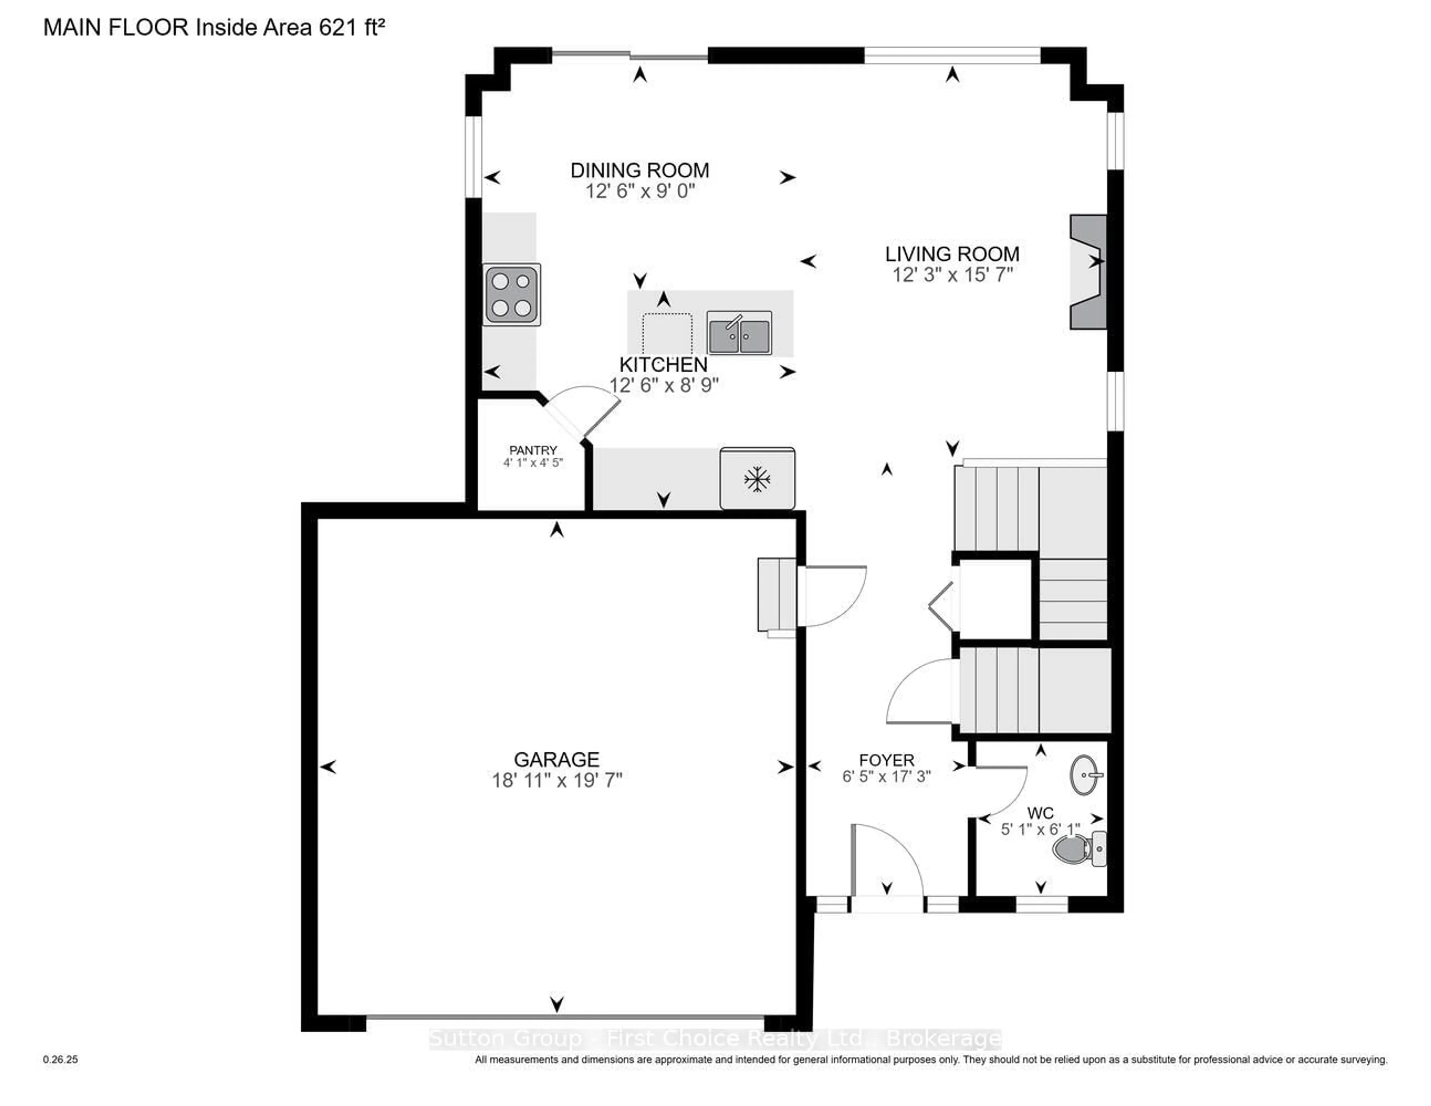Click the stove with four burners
(x=512, y=295)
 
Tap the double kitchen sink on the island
(x=739, y=333)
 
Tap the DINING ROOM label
(x=639, y=170)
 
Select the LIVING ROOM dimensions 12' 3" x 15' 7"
(x=952, y=275)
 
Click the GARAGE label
(x=556, y=759)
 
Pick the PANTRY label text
(x=533, y=450)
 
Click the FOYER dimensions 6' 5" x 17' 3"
(x=886, y=777)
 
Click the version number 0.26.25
(x=60, y=1059)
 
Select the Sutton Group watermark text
(x=714, y=1039)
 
